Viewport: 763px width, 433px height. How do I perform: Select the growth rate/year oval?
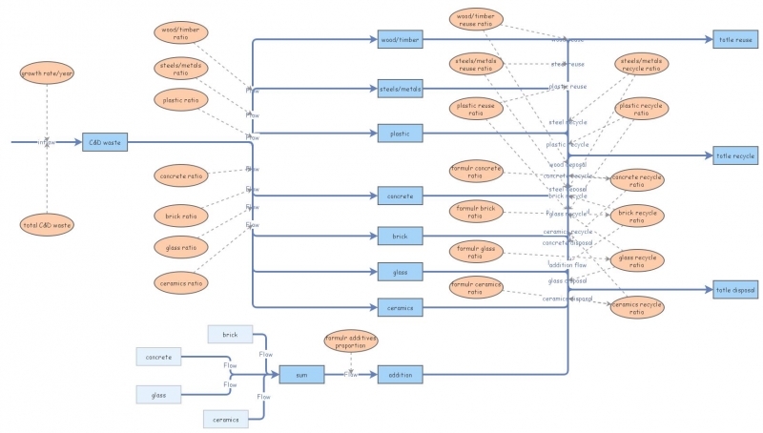click(47, 72)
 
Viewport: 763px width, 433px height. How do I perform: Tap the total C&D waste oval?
click(47, 225)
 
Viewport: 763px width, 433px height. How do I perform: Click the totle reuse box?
click(734, 40)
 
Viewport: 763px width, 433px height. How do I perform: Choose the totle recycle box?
click(734, 155)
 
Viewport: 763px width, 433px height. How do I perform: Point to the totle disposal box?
click(734, 289)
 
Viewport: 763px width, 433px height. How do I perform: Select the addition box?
click(401, 375)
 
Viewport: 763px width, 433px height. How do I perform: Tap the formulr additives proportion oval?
click(350, 340)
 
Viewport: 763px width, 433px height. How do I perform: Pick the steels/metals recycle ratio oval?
click(640, 65)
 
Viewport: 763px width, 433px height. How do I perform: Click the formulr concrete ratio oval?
click(475, 173)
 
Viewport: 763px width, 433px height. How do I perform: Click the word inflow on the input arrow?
click(47, 142)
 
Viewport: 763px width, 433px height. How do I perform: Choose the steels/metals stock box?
click(401, 89)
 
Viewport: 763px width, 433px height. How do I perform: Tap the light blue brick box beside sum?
click(230, 334)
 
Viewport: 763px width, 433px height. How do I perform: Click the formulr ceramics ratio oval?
click(475, 288)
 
